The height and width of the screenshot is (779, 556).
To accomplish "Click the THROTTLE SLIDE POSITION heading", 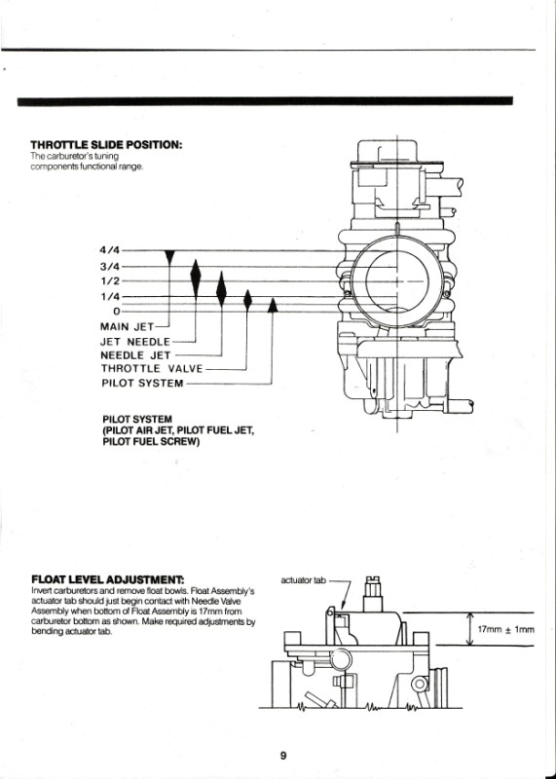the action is (x=106, y=145).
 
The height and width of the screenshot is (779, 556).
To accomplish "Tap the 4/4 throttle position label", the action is (x=110, y=250).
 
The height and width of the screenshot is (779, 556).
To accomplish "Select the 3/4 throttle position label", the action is (x=110, y=266).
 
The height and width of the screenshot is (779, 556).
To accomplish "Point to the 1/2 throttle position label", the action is (x=110, y=281).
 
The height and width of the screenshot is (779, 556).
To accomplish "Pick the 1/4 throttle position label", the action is (x=110, y=297).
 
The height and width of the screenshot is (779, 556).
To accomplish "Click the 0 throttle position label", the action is (x=117, y=312).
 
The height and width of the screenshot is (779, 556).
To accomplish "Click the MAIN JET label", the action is (x=127, y=327).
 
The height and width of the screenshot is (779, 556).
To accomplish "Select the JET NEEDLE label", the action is (x=135, y=342).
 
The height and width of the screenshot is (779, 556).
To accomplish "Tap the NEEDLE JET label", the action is (x=135, y=355).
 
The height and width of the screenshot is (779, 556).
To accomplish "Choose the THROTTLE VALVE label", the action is (x=152, y=369).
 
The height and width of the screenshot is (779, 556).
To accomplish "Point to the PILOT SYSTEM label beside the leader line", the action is (x=142, y=383).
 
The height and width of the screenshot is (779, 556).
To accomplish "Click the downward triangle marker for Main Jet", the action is (x=169, y=257).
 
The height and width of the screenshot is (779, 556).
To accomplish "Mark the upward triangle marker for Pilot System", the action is (x=273, y=305).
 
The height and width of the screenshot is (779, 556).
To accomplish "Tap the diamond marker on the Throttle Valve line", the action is (x=247, y=300).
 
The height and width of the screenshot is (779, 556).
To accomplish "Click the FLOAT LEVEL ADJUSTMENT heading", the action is (x=107, y=579).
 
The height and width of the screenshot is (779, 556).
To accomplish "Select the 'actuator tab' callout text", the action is (x=303, y=579).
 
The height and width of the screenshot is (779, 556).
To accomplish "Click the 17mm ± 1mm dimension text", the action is (x=505, y=629).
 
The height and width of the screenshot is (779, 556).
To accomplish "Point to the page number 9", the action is (x=283, y=756).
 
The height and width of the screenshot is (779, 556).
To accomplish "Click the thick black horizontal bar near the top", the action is (x=265, y=101).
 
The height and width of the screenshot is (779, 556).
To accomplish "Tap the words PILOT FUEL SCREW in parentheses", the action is (x=152, y=442).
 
